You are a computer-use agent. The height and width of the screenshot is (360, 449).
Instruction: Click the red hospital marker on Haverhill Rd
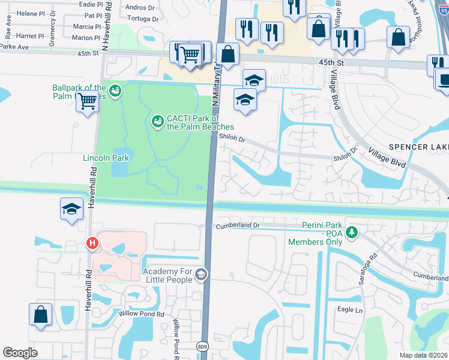tap(92, 243)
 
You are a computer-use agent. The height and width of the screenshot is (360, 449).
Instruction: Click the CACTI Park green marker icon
tap(157, 122)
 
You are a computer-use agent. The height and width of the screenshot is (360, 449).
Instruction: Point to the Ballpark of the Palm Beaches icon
tap(115, 91)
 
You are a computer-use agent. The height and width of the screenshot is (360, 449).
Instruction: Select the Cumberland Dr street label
tap(237, 226)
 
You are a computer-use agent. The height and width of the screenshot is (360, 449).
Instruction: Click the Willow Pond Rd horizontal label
tap(141, 314)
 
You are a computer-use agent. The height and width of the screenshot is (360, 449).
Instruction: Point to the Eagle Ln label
tap(350, 310)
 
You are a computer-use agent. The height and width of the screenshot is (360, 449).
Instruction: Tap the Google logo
tap(20, 353)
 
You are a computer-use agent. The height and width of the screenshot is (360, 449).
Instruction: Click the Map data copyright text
tap(423, 355)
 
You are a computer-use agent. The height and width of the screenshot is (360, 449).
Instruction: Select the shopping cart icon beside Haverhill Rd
tap(87, 101)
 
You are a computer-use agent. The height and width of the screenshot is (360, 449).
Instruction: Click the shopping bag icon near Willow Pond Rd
tap(40, 315)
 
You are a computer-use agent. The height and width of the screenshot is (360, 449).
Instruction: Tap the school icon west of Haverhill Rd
tap(71, 209)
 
